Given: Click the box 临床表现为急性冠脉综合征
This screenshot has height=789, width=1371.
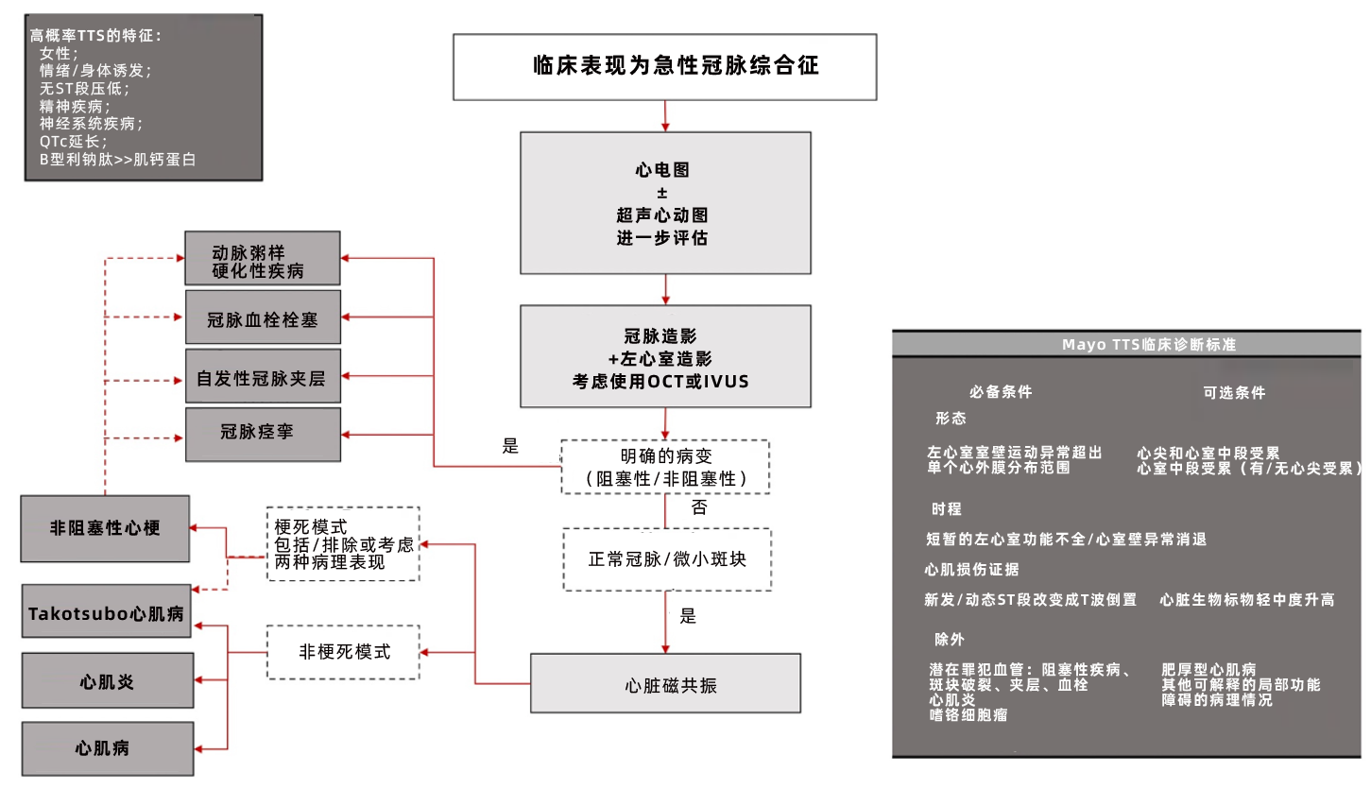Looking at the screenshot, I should point(664,66).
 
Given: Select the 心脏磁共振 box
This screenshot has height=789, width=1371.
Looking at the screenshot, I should point(665,683).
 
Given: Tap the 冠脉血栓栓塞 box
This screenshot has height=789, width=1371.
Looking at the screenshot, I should point(262,318).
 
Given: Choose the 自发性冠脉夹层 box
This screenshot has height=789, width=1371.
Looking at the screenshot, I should point(262,377).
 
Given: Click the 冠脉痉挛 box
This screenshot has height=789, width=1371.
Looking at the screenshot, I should point(262,434).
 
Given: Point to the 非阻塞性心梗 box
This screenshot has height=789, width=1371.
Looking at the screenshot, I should point(105,528).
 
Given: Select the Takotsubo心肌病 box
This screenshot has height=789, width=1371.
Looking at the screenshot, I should point(106,612).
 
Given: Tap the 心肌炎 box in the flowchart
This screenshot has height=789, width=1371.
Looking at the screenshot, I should point(107,680).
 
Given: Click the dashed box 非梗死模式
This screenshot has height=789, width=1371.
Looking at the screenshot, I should point(343,652).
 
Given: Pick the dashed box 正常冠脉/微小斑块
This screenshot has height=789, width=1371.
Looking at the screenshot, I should point(666,558).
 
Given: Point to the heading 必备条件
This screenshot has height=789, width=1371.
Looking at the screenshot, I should point(1001,392).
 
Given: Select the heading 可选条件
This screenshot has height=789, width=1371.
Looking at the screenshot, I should point(1233,393).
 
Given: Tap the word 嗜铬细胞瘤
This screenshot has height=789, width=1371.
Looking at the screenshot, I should point(968,715).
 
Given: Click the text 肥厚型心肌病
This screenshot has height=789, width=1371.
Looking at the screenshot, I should point(1208,670).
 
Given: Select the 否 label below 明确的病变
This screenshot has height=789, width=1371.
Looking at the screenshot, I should point(699,507).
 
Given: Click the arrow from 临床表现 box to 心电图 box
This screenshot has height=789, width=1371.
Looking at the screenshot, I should point(665,115).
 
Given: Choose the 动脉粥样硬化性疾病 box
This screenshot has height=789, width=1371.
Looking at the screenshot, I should point(262,259).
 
